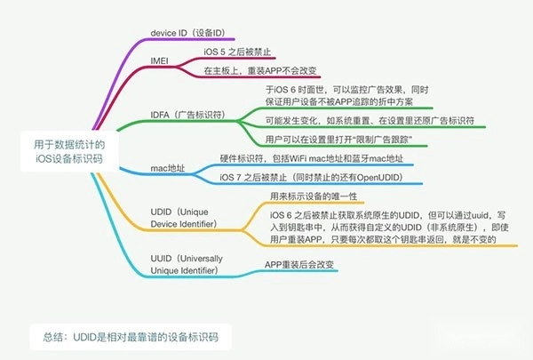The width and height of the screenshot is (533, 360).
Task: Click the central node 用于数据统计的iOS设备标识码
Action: [x=69, y=151]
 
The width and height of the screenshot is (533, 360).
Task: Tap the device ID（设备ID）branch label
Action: [x=188, y=33]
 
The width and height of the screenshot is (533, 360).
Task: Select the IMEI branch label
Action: [x=159, y=61]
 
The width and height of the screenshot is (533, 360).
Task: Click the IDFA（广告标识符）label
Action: [x=188, y=115]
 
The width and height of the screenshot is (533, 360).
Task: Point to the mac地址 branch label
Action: [x=168, y=168]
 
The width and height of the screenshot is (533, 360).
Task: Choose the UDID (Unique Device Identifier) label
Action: [x=184, y=218]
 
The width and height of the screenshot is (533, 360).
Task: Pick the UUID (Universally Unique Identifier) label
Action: [x=187, y=264]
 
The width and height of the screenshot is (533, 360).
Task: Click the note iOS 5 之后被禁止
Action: [x=237, y=52]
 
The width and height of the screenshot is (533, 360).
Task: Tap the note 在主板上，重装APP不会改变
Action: [x=260, y=70]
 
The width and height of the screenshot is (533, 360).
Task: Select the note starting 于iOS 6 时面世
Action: [x=346, y=96]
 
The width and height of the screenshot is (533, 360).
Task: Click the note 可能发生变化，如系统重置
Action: [x=370, y=121]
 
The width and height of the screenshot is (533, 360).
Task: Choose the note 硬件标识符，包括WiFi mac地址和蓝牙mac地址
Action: [x=312, y=158]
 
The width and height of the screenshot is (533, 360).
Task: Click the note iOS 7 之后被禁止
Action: [x=312, y=177]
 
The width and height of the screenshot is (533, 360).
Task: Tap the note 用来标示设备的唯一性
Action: [x=314, y=196]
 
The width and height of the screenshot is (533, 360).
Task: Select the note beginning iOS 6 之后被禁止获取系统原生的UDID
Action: [x=389, y=227]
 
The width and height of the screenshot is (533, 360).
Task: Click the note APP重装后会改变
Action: [x=299, y=264]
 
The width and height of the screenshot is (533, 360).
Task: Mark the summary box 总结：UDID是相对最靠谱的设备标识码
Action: [x=131, y=337]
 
